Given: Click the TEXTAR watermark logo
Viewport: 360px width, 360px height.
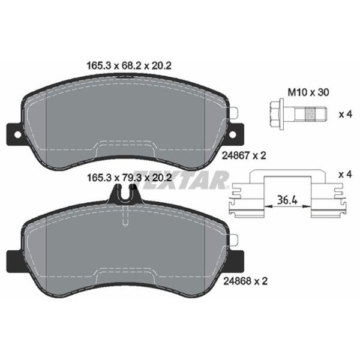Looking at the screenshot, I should pos(198,178).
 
